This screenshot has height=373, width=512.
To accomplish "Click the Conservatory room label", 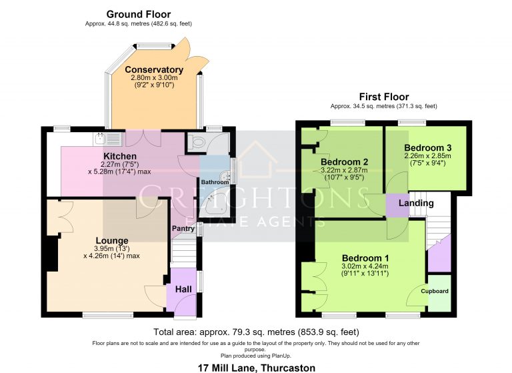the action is point(154,69).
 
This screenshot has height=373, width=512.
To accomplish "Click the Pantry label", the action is point(183,228).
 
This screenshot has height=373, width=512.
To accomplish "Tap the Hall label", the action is point(183,290).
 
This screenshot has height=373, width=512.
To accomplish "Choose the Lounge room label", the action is point(112,241).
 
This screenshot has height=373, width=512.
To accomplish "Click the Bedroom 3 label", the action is point(428,147).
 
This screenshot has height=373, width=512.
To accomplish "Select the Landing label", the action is point(416,204).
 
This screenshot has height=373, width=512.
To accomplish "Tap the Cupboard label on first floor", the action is point(435,291).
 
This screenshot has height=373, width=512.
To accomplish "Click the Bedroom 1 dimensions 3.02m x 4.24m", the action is point(365,266).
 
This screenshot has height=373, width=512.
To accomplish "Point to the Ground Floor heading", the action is point(139,15).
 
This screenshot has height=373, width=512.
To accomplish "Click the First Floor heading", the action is point(384,97).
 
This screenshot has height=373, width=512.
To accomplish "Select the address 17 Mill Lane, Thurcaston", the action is point(257,368).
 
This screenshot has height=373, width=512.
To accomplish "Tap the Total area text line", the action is point(256,332).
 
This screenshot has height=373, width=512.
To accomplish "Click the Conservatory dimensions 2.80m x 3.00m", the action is point(154,78).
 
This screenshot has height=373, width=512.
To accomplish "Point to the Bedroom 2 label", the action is point(345,162).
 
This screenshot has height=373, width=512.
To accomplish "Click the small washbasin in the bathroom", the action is point(225,175).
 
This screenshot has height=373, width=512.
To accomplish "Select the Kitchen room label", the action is point(120,156).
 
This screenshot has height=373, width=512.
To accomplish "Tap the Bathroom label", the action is point(215,182).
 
